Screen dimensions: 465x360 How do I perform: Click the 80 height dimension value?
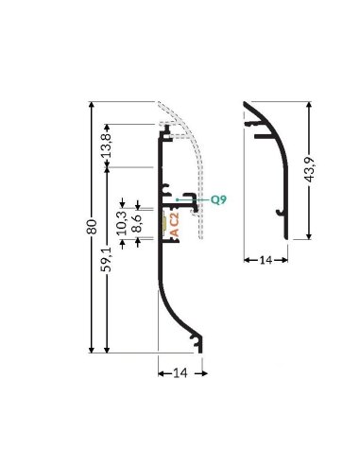coord(92,228)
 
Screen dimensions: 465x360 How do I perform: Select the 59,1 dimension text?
coord(108,259)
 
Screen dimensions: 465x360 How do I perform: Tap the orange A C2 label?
coord(175,225)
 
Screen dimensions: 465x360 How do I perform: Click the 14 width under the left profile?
coord(178,372)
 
